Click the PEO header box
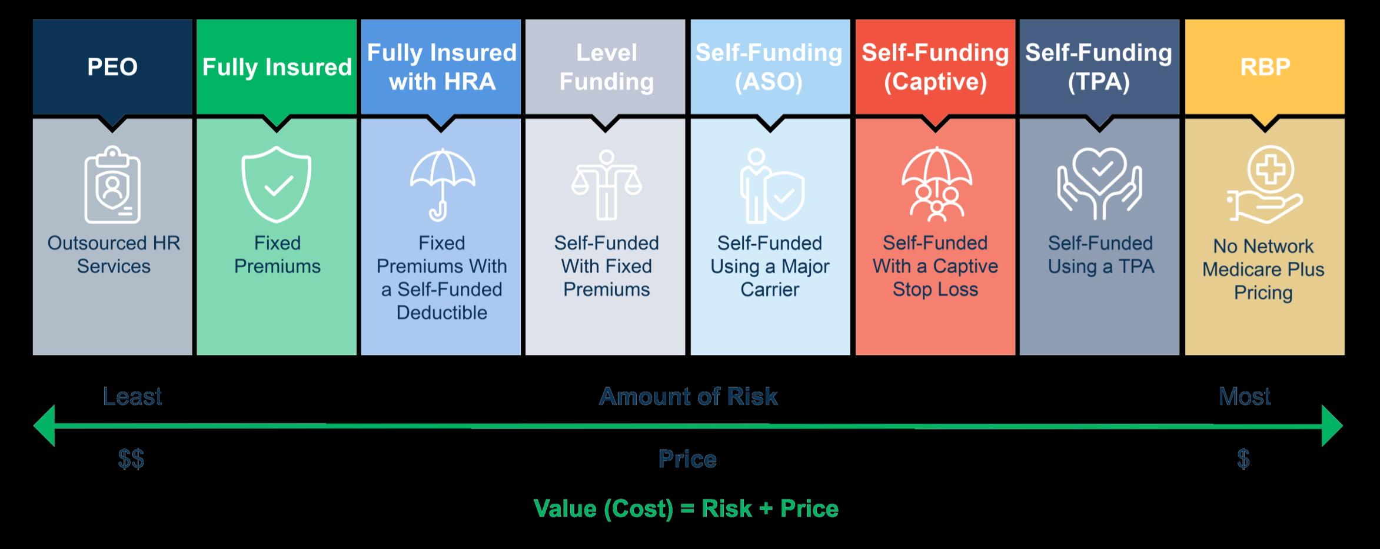pos(112,67)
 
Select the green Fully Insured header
pos(277,67)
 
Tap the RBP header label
pos(1265,67)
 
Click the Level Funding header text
pos(606,67)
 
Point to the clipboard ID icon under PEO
pos(112,185)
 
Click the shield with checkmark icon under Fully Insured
pos(277,185)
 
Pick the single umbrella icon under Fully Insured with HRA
pos(442,185)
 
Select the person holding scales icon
pos(606,185)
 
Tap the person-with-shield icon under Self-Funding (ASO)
pos(771,186)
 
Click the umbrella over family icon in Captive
pos(936,185)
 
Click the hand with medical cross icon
pos(1265,185)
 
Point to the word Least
pos(132,397)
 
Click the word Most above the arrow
pos(1244,397)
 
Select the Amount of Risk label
pos(689,397)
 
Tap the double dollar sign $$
pos(131,459)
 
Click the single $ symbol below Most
pos(1243,459)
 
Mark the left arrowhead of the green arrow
pos(45,425)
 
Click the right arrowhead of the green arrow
pos(1332,425)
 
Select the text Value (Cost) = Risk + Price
pos(686,508)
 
